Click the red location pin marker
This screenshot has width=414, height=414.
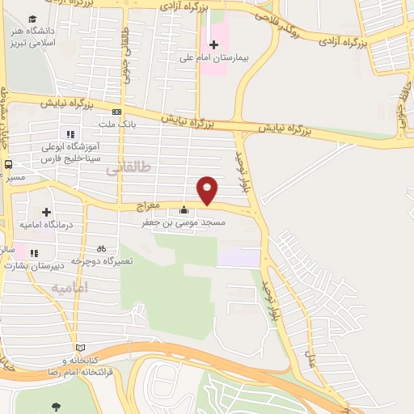pos(208,190)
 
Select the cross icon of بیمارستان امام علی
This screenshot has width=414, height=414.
pos(213,44)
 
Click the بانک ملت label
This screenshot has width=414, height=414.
pos(118,125)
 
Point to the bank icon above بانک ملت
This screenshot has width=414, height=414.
pos(117,112)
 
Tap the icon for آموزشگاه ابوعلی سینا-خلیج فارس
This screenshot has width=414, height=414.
pos(70,134)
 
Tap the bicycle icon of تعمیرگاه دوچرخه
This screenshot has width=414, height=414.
pos(100,248)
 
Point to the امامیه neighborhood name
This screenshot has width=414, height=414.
pos(68,288)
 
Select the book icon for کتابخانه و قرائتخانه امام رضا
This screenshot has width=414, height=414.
pos(79,346)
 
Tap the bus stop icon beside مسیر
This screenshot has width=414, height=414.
pos(8,163)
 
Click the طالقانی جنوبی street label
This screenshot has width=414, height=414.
pos(125,44)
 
